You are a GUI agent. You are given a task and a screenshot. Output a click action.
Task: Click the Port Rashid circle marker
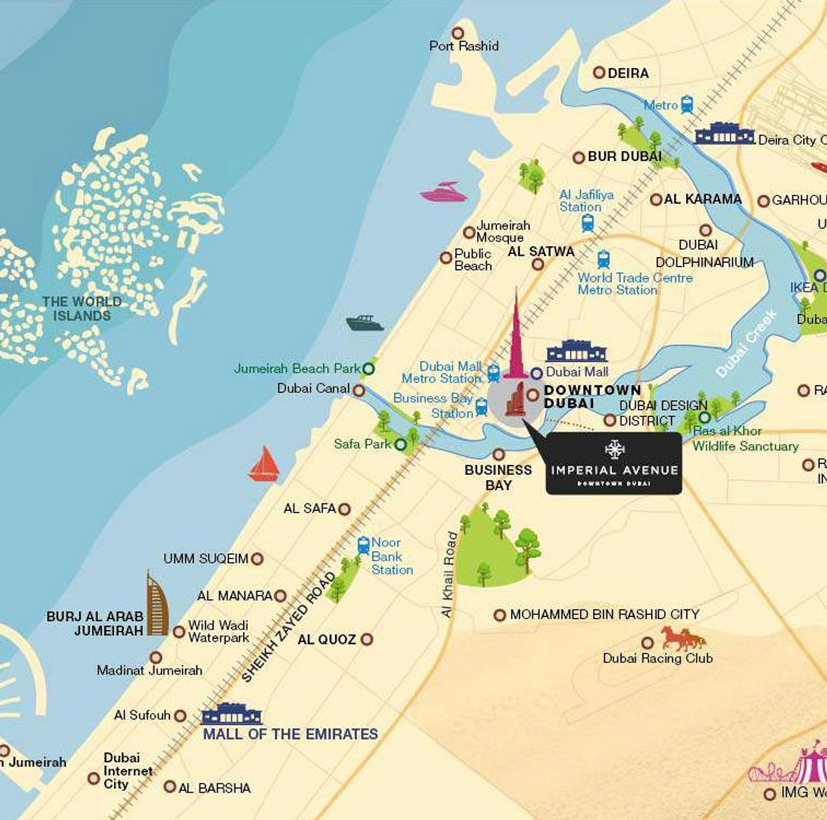(x=457, y=33)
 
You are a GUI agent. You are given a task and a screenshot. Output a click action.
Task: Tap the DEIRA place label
(x=628, y=73)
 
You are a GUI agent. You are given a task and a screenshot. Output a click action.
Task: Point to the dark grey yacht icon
(x=365, y=323)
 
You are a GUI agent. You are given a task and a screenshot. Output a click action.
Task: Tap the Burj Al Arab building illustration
(x=157, y=604)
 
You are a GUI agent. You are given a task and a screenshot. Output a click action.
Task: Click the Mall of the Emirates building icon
(x=232, y=714)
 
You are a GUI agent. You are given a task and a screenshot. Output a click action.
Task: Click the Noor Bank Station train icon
(x=364, y=544)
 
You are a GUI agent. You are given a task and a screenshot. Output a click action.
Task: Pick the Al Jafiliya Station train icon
(x=588, y=223)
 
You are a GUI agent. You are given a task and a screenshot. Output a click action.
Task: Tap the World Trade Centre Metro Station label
(x=635, y=284)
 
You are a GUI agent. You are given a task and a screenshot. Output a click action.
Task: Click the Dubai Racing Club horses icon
(x=683, y=639)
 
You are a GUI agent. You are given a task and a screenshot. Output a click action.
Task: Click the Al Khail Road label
(x=450, y=574)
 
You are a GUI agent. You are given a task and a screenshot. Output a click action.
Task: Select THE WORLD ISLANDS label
(x=82, y=309)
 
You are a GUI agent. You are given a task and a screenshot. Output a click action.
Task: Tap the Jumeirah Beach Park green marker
(x=368, y=369)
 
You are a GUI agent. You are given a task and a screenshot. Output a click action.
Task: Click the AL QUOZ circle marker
(x=367, y=639)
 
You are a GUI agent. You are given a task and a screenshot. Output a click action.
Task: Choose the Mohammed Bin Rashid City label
(x=604, y=614)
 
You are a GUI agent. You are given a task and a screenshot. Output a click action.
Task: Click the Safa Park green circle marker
(x=401, y=444)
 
